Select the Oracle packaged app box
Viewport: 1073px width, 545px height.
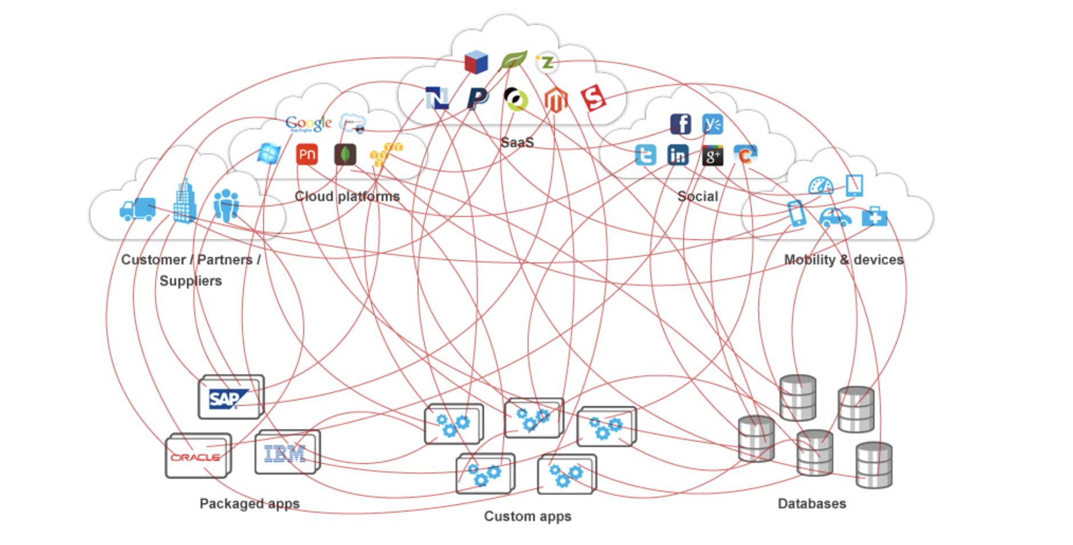click(x=197, y=456)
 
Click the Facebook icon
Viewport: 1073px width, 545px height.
click(x=680, y=123)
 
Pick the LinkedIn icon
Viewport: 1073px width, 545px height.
click(x=677, y=155)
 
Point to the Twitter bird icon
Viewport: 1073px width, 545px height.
click(x=646, y=155)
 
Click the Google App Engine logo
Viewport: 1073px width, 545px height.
click(x=308, y=123)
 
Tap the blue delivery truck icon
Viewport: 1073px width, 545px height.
click(x=138, y=209)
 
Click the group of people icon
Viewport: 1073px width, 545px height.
click(x=226, y=205)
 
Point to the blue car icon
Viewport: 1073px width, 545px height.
click(x=834, y=218)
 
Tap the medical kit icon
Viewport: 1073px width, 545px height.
click(x=874, y=217)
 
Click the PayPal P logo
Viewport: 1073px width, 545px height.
click(x=477, y=98)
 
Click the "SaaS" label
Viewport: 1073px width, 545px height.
click(x=517, y=142)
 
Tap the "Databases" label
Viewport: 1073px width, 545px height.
click(x=812, y=503)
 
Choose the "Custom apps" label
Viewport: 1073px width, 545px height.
click(x=527, y=516)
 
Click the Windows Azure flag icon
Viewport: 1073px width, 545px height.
click(x=269, y=154)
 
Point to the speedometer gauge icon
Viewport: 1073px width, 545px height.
click(x=821, y=186)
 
